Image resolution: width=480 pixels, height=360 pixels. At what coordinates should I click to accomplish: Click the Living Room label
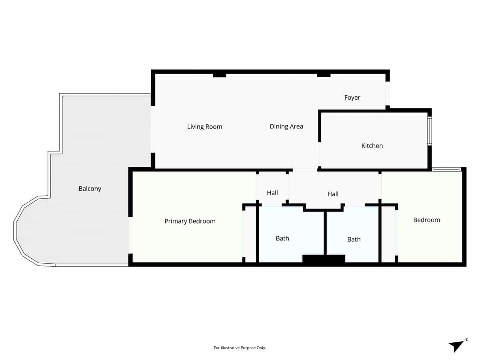[204, 127]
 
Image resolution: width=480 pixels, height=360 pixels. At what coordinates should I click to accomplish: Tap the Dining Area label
[286, 126]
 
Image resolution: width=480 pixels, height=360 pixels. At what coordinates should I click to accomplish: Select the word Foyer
[352, 98]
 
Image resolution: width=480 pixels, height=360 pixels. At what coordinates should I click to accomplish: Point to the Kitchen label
[372, 146]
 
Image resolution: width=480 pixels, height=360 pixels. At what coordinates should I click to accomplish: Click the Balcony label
[90, 188]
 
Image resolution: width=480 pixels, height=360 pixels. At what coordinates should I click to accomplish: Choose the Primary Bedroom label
[190, 221]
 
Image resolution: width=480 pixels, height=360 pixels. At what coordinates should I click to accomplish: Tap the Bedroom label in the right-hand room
[426, 220]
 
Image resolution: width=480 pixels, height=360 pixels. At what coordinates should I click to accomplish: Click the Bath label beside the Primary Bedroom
[282, 238]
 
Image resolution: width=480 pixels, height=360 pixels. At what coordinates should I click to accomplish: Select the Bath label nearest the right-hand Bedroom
[354, 239]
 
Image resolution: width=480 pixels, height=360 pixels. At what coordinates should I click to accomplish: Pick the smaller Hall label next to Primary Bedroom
[272, 193]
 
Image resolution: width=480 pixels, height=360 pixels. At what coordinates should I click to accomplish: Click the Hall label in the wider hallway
[333, 194]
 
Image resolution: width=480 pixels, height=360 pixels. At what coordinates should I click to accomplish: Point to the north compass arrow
[457, 346]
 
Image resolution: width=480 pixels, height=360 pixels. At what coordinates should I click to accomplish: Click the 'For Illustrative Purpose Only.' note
[240, 348]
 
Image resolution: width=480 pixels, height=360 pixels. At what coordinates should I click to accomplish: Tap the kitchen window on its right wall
[430, 131]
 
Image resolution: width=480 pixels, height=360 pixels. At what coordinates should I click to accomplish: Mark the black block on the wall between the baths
[324, 259]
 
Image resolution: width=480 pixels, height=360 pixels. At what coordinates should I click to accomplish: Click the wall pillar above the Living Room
[219, 75]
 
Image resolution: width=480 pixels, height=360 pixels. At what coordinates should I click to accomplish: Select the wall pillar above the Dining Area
[324, 75]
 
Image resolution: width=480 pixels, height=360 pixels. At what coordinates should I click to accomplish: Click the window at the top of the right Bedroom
[447, 170]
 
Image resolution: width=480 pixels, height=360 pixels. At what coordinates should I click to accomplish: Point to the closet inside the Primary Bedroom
[249, 234]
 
